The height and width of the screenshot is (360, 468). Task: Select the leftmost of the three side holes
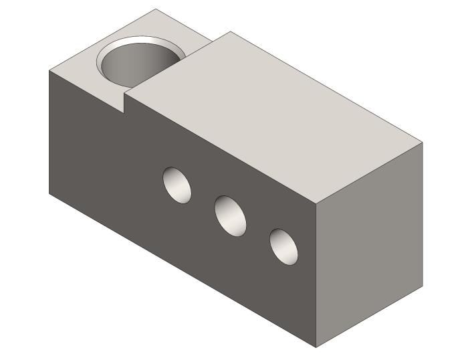coord(177,184)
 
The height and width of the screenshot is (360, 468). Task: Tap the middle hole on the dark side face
coord(230,215)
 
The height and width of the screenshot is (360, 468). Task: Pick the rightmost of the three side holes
coord(283,246)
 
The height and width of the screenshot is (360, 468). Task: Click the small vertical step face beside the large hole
coord(125,102)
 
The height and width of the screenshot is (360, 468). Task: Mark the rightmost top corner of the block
coord(423,143)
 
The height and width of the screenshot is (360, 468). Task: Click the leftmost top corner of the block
coord(49,70)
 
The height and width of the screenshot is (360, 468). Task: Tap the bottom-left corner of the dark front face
coord(49,193)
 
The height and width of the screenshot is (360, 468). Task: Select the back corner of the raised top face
coord(230,31)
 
